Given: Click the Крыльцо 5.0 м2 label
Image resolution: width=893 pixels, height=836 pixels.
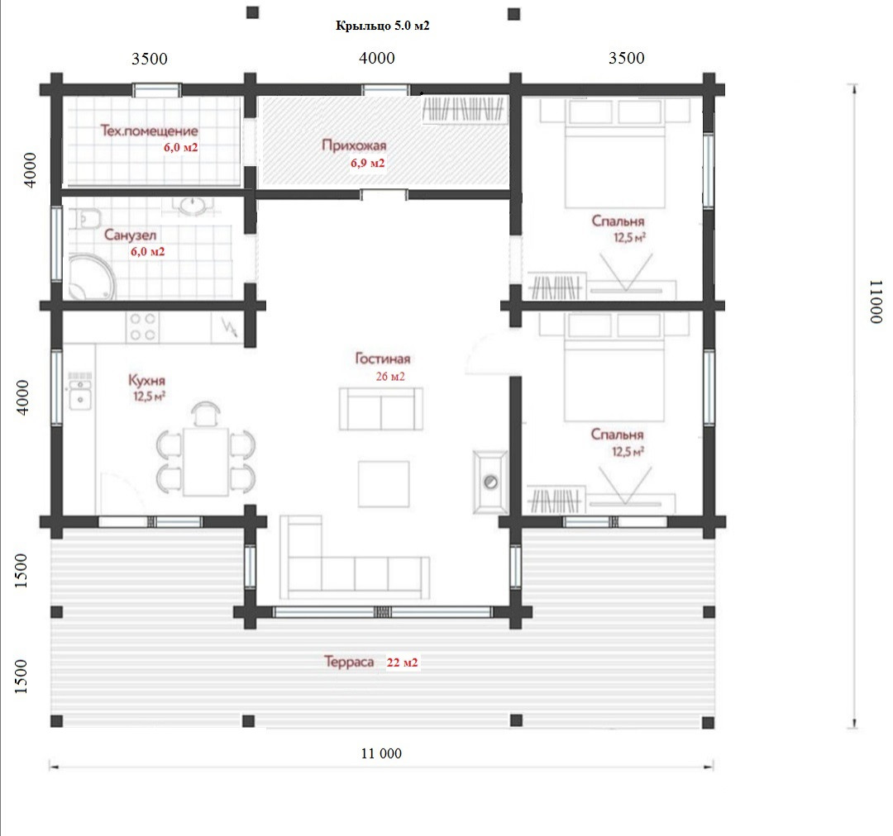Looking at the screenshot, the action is coord(382,26).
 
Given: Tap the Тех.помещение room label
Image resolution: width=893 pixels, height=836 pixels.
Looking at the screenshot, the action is coord(149,131).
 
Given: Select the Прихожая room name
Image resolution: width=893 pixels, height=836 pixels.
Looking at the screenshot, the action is coord(354,145).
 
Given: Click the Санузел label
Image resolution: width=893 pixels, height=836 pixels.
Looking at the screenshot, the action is coord(130,235).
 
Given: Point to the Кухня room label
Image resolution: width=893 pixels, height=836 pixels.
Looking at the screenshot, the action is coord(146,380).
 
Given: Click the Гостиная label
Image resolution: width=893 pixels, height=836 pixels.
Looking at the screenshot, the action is coord(382,359).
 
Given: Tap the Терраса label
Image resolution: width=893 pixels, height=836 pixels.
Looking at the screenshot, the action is coord(349,662).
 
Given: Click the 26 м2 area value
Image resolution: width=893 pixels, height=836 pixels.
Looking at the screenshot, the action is coord(390,376).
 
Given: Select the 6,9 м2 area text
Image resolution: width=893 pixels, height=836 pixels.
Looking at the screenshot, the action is coord(367,164).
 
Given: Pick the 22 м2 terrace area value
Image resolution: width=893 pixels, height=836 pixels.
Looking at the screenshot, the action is coord(402,663).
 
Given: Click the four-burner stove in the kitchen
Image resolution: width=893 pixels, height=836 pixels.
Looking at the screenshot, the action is coord(142,326).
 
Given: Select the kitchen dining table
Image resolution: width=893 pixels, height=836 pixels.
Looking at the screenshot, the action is coord(206,462).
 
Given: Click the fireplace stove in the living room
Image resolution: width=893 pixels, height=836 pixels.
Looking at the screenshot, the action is coord(490,482).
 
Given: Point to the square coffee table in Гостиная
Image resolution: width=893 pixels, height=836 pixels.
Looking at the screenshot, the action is coord(384,484).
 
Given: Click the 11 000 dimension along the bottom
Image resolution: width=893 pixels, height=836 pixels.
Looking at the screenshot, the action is coord(381,753).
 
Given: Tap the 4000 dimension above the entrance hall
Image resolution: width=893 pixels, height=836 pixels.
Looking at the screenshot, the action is coord(377,58).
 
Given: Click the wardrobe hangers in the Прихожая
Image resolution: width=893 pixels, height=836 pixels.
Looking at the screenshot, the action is coord(464,109).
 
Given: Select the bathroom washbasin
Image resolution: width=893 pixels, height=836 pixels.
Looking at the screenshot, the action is coord(193,206).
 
